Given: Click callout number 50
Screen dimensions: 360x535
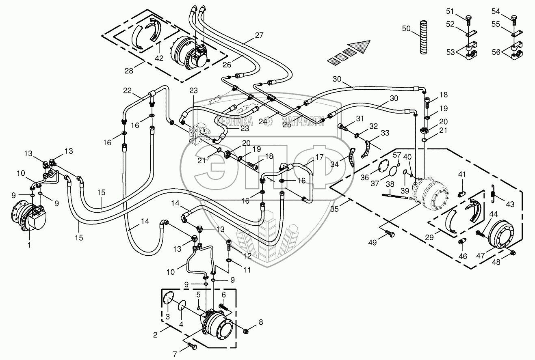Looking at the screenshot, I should coord(406,28).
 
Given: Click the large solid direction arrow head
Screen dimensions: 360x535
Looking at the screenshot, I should coord(361,45).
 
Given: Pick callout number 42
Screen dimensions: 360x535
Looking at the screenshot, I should coord(159,58).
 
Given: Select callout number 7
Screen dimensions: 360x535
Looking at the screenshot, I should coord(175,354).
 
